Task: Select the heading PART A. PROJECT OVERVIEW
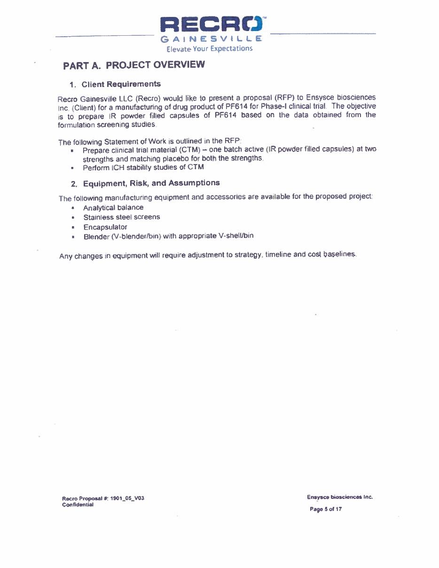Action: tap(134, 65)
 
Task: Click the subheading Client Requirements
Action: tap(121, 84)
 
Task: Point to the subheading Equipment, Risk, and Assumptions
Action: tap(151, 183)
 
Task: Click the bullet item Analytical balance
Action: tap(113, 207)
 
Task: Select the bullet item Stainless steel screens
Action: tap(121, 217)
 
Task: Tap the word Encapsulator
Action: tap(105, 227)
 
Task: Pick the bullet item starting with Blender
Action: tap(168, 236)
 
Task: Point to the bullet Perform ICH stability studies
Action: tap(143, 167)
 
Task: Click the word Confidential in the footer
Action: tap(78, 505)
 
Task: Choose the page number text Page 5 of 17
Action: tap(325, 509)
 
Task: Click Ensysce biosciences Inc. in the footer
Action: tap(339, 497)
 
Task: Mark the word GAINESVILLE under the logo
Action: tap(212, 39)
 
